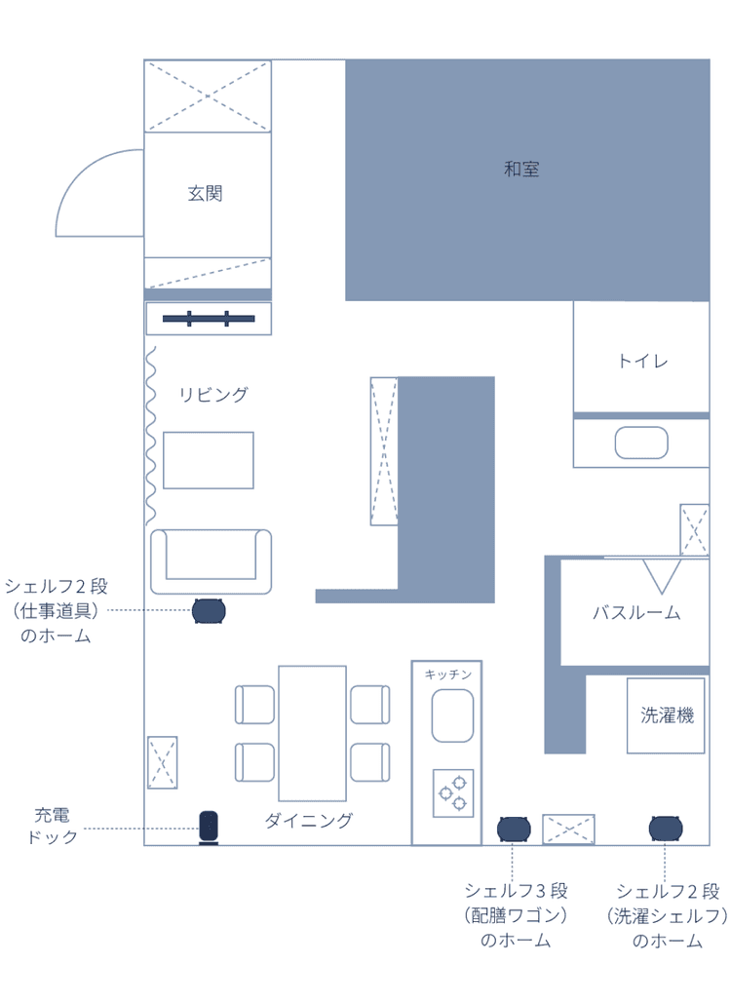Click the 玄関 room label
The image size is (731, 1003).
click(205, 193)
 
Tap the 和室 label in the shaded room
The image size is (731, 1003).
click(521, 169)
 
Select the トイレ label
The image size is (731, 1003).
click(642, 362)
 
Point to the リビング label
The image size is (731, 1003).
click(213, 395)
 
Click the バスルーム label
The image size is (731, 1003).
click(636, 613)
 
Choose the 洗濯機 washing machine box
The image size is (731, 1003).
click(666, 715)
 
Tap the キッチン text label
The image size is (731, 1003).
click(447, 675)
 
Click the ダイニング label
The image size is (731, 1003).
click(309, 821)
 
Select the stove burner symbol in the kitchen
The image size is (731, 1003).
click(453, 793)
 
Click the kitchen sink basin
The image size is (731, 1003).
click(453, 715)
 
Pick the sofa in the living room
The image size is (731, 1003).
click(212, 561)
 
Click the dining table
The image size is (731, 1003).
click(312, 733)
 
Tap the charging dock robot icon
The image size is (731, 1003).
click(209, 828)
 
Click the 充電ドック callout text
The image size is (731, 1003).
click(53, 826)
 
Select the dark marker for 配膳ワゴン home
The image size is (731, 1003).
click(514, 829)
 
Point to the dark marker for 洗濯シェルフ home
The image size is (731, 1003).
click(665, 829)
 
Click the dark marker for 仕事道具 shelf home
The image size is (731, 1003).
click(210, 611)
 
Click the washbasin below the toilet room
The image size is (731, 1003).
click(641, 443)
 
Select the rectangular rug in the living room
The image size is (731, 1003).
click(209, 460)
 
